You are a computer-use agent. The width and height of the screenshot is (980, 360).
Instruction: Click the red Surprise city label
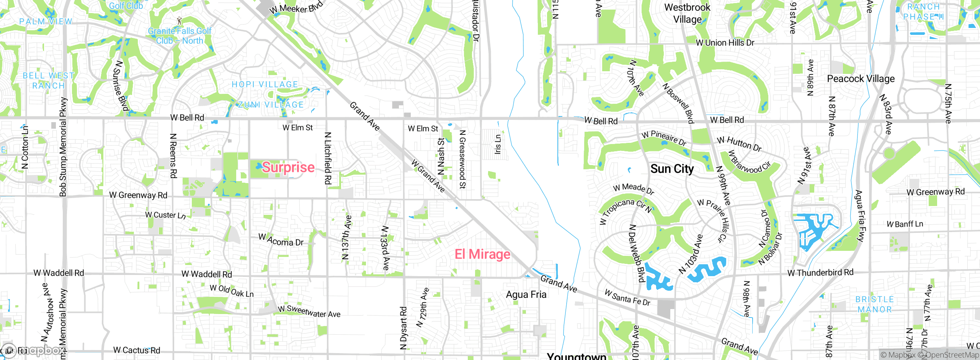tap(288, 167)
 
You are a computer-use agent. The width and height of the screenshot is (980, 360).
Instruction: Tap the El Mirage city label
tap(482, 254)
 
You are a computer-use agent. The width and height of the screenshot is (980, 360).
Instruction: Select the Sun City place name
tap(672, 169)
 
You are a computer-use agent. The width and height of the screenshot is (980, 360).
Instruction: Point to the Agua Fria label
tap(526, 295)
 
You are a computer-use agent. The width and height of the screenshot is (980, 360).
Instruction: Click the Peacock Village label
tap(861, 79)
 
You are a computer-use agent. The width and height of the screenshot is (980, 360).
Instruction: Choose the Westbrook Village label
tap(687, 13)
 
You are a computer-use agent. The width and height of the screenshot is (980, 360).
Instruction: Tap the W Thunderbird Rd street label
tap(820, 273)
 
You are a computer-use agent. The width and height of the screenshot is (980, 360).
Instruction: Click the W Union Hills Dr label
tap(725, 43)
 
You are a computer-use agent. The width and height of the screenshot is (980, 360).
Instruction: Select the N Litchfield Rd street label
tap(328, 158)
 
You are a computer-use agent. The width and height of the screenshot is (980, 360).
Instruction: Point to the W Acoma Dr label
tap(281, 240)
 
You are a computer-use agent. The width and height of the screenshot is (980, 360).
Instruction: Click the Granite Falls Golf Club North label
tap(180, 36)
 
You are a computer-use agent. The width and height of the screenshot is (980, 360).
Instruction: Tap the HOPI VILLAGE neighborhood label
tap(265, 84)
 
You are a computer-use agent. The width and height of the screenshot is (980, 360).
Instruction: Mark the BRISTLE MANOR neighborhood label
tap(874, 304)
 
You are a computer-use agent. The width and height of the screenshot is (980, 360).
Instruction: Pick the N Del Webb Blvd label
tap(637, 253)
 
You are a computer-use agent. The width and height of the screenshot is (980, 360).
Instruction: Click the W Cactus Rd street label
tap(137, 350)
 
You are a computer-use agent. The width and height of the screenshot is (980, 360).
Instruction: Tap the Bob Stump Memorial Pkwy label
tap(63, 147)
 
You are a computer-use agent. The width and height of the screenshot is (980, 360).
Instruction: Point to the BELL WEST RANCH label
tap(48, 81)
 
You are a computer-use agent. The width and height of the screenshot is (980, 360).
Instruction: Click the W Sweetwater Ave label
tap(309, 311)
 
